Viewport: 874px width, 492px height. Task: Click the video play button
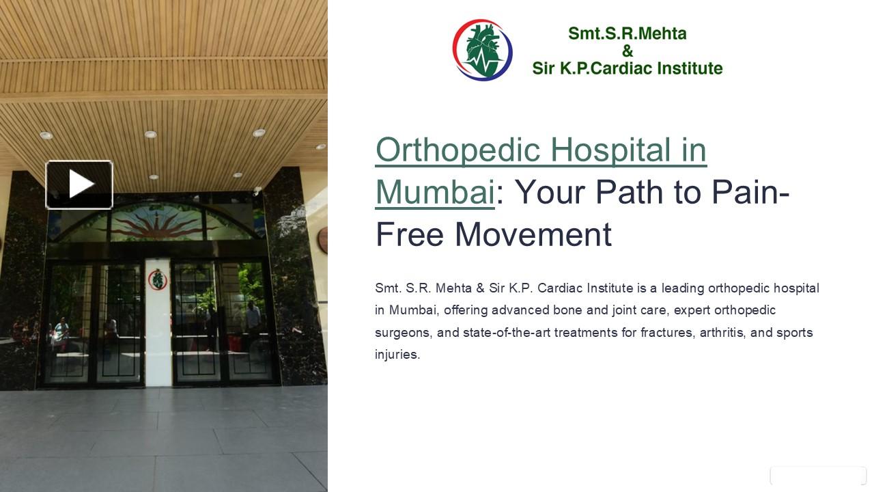(79, 184)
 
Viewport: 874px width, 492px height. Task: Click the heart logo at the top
(483, 50)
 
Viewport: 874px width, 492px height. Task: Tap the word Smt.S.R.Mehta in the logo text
(627, 33)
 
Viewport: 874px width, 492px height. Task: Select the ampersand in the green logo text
(628, 51)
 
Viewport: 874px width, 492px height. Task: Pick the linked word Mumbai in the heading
(434, 192)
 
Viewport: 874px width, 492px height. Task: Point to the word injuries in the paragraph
(397, 355)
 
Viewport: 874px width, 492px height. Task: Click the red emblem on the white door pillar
(157, 279)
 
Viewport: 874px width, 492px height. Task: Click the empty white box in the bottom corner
(818, 476)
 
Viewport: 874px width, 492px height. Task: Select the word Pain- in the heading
(750, 192)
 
